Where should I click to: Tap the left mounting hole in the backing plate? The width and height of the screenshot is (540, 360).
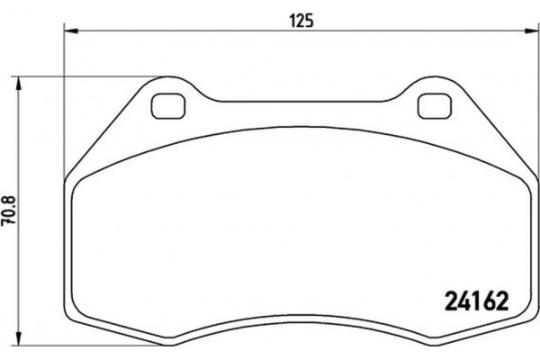point(164,105)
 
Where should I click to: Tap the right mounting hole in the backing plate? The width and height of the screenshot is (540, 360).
point(435,105)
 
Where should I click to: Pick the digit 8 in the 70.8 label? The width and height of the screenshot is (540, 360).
point(12,203)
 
